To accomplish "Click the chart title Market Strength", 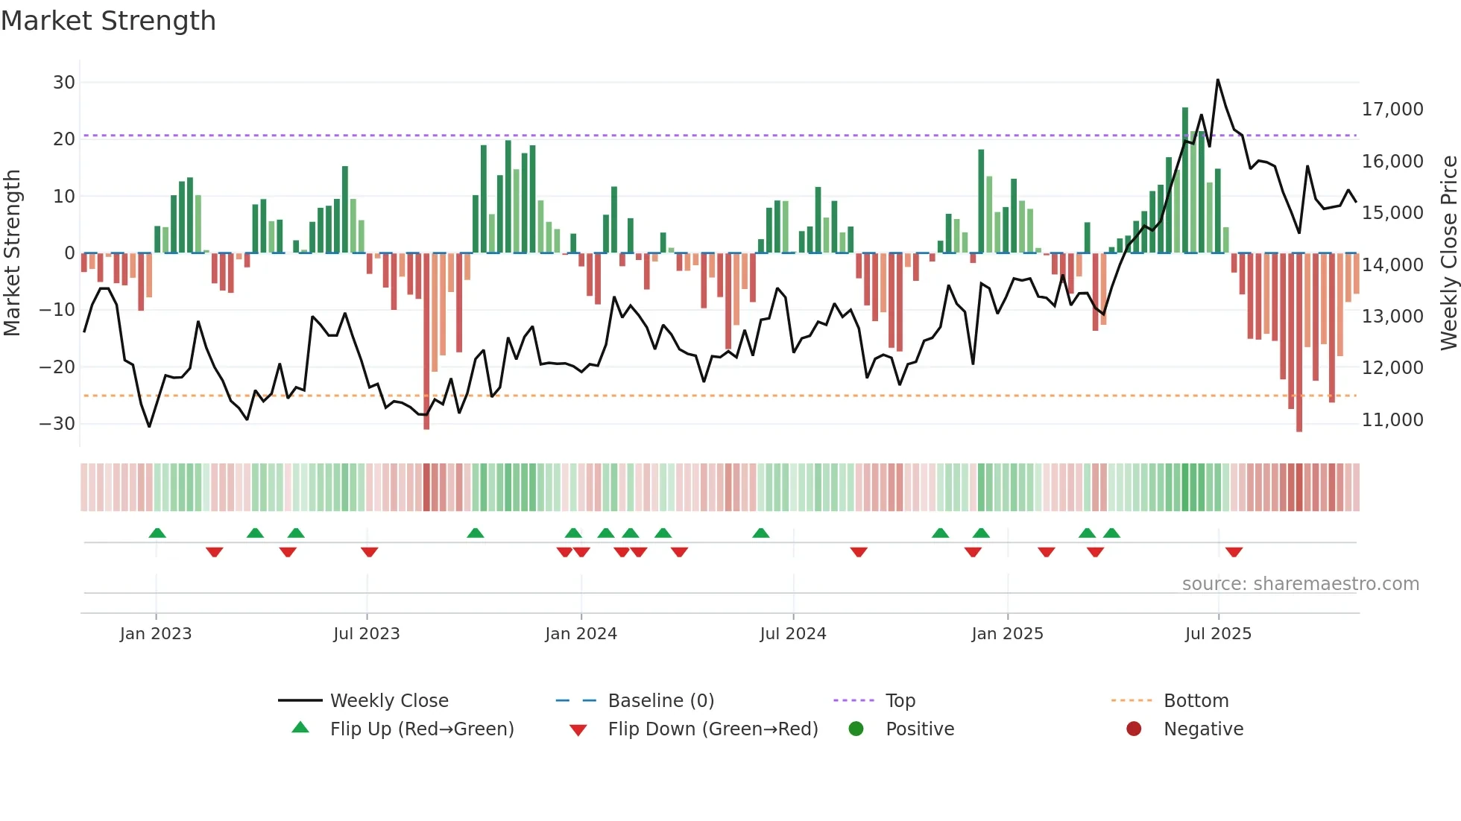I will click(x=108, y=21).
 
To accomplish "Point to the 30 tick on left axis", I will click(x=64, y=83).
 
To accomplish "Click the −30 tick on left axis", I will click(x=57, y=424).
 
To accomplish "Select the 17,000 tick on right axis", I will click(x=1392, y=110).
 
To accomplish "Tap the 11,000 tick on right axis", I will click(x=1392, y=420).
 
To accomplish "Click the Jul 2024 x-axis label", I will click(x=792, y=634).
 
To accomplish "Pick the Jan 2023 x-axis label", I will click(x=155, y=634).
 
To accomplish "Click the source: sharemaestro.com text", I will click(x=1300, y=584).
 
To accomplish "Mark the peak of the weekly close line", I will click(x=1217, y=80).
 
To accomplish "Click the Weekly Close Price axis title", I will click(x=1448, y=253).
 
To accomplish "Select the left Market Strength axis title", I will click(x=12, y=253).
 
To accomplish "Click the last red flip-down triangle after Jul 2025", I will click(x=1234, y=552).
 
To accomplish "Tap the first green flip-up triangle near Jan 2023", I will click(x=157, y=533).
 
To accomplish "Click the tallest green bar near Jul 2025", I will click(x=1185, y=179).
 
